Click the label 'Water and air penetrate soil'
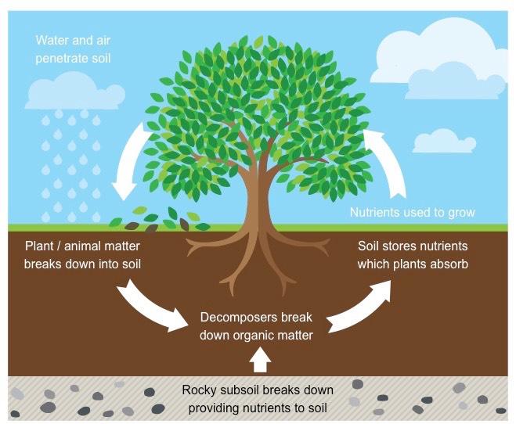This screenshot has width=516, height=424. [73, 49]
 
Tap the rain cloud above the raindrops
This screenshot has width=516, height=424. [75, 92]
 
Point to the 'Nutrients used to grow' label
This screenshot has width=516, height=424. [413, 212]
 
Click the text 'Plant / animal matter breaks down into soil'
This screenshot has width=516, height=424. [82, 255]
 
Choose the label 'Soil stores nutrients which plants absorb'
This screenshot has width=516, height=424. [413, 255]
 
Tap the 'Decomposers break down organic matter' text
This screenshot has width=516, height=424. [256, 326]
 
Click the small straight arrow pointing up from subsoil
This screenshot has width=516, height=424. [260, 360]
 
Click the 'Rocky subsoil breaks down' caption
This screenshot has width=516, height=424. [258, 390]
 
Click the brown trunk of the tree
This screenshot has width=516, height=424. [258, 197]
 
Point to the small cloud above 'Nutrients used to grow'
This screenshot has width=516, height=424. [444, 141]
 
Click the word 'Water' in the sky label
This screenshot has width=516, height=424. [52, 41]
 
